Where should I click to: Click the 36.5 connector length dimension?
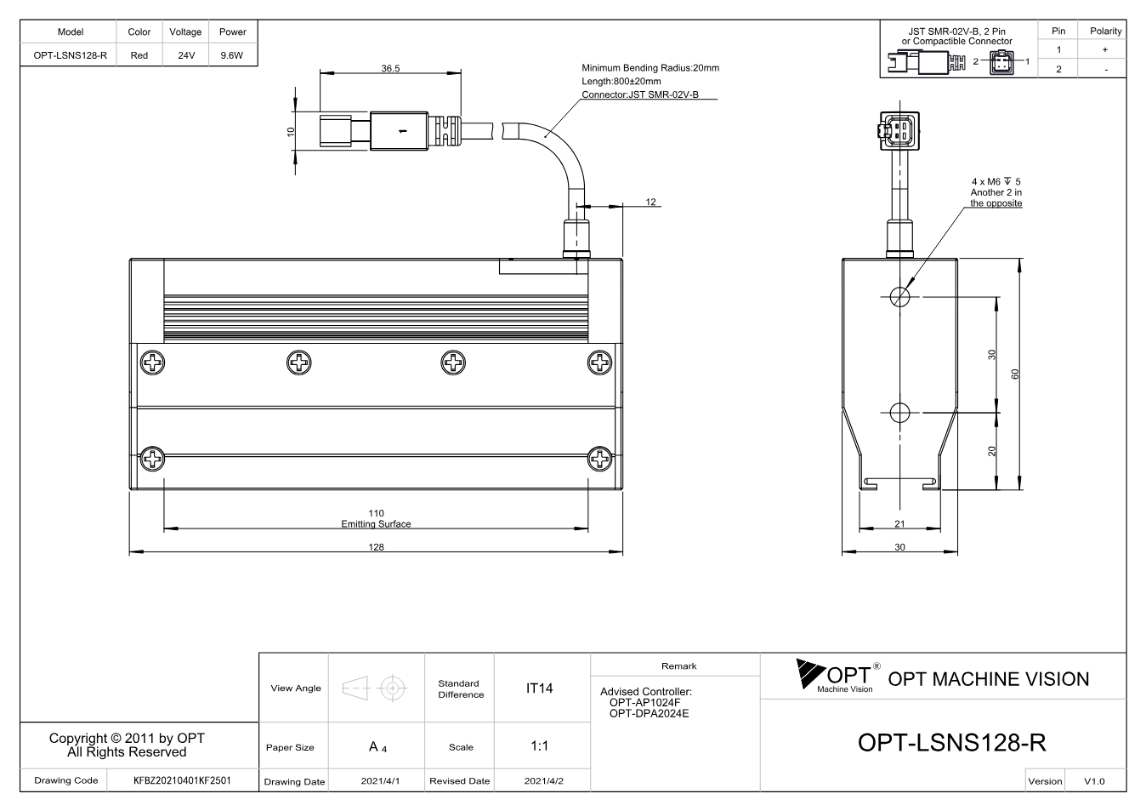tap(390, 68)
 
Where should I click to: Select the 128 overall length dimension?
tap(376, 547)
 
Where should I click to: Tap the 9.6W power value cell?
tap(232, 55)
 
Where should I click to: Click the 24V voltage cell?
tap(186, 55)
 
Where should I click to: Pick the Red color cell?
tap(139, 55)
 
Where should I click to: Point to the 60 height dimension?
tap(1015, 374)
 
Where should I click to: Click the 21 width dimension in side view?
tap(899, 523)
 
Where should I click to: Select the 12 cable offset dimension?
tap(650, 202)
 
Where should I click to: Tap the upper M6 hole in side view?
tap(900, 296)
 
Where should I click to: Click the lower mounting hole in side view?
tap(900, 413)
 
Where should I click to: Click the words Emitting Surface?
tap(376, 523)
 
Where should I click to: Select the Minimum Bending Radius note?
tap(650, 67)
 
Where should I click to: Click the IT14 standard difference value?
tap(539, 688)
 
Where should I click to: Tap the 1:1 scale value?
tap(539, 746)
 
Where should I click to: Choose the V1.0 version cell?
tap(1094, 781)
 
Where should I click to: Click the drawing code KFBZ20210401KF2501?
tap(182, 780)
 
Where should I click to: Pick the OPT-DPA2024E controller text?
tap(649, 713)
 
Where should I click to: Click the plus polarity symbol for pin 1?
tap(1105, 49)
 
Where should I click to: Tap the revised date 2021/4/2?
tap(543, 781)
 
